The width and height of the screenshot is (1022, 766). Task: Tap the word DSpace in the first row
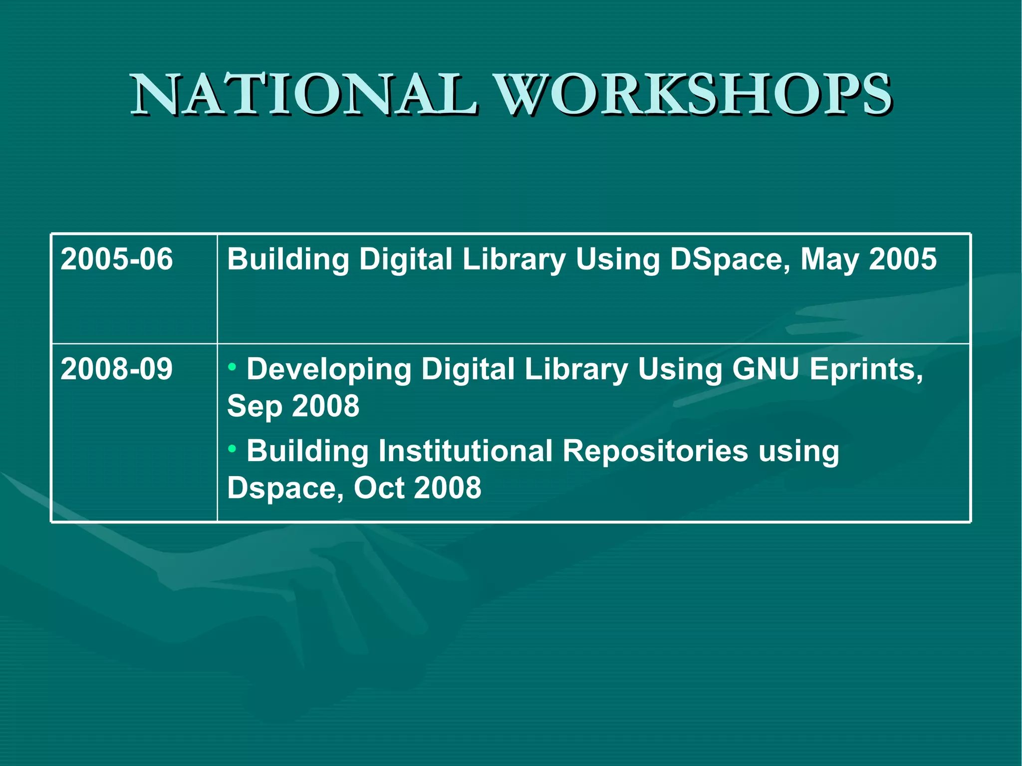tap(730, 260)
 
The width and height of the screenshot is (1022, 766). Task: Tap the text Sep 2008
tap(293, 406)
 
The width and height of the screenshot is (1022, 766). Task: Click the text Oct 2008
tap(417, 488)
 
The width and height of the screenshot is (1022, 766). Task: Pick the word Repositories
tap(655, 452)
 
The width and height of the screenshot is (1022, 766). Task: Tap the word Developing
tap(329, 370)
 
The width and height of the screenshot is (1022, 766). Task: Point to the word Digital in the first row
tap(405, 260)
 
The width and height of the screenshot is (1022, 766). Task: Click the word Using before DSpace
tap(617, 260)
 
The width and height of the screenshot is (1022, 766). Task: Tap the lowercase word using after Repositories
tap(798, 452)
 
